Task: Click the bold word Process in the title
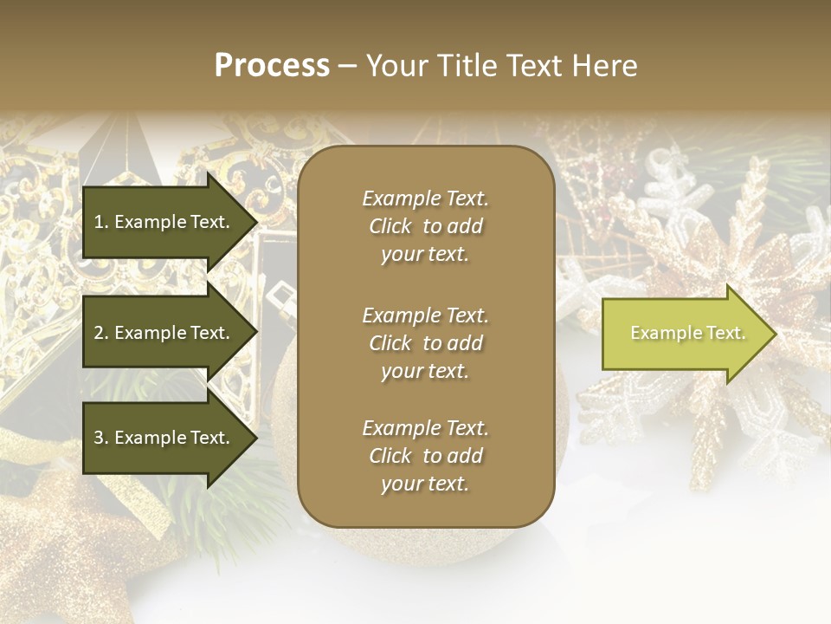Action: pyautogui.click(x=272, y=66)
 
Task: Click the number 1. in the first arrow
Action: pyautogui.click(x=101, y=222)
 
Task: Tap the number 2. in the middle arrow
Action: pyautogui.click(x=101, y=333)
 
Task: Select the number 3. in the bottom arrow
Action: pyautogui.click(x=101, y=438)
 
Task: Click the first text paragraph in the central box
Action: pyautogui.click(x=425, y=226)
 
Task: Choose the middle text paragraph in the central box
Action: pyautogui.click(x=425, y=343)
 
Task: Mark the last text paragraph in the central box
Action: pyautogui.click(x=425, y=456)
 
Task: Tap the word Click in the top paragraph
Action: pyautogui.click(x=390, y=226)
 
